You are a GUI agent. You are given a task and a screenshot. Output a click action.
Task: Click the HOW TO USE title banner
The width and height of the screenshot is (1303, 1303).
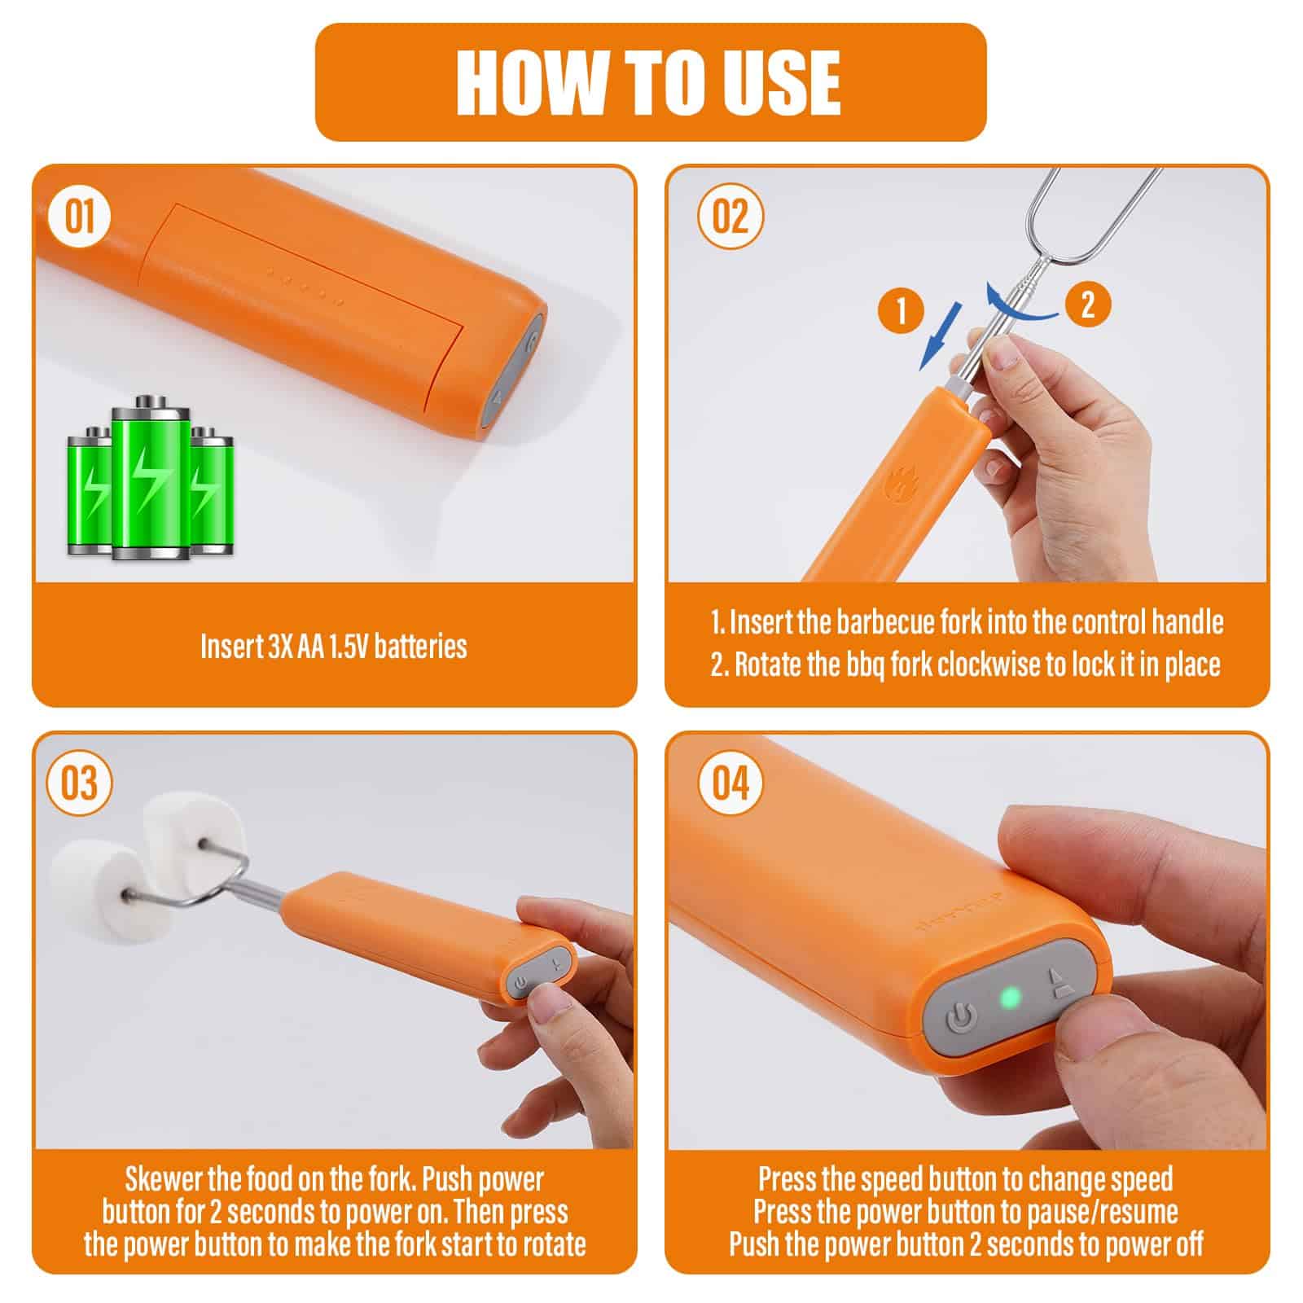[x=651, y=81]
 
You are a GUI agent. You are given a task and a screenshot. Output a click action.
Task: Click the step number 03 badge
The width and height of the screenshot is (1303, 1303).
[x=80, y=783]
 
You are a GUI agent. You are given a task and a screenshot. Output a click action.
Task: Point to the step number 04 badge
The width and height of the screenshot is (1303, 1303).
[x=730, y=783]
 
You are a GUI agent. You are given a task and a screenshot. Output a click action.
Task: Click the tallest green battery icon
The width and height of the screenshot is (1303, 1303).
[x=150, y=478]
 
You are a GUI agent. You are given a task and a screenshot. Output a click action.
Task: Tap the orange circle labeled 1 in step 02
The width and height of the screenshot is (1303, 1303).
[x=902, y=309]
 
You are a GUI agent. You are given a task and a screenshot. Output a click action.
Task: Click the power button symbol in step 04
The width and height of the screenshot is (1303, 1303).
[x=961, y=1018]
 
